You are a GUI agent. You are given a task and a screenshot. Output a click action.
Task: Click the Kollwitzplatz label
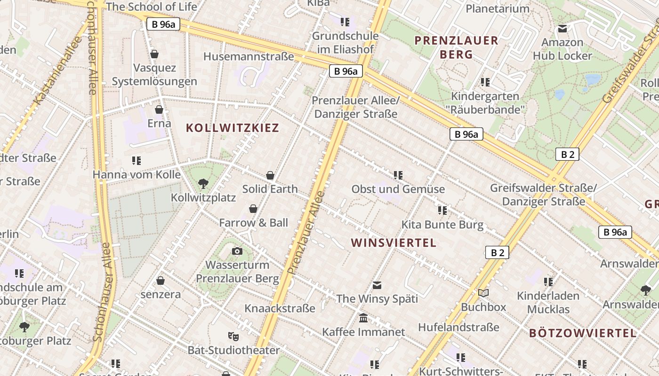point(203,197)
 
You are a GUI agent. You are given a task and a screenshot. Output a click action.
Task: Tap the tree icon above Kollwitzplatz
point(203,183)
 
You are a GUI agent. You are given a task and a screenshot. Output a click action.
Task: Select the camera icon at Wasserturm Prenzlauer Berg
point(237,251)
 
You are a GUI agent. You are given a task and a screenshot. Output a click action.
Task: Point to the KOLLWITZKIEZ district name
point(233,128)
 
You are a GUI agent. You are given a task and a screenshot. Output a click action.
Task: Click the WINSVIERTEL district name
point(394,243)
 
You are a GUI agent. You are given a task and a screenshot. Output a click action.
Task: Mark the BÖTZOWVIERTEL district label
point(583,333)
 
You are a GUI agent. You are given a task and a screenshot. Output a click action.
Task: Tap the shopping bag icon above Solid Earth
point(270,175)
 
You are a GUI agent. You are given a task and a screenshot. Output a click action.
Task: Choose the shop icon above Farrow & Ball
point(253,209)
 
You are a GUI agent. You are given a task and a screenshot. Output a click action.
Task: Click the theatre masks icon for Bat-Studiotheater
point(233,336)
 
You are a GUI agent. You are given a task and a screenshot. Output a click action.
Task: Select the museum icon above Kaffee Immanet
point(363,318)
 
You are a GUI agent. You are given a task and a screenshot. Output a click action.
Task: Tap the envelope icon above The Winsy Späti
point(377,285)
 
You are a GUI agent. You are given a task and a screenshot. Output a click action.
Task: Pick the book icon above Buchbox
point(483,293)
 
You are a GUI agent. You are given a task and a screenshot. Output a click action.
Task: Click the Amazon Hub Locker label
point(563,49)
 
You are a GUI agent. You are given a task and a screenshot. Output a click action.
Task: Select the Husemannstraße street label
point(249,56)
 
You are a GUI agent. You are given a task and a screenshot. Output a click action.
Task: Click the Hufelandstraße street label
point(458,327)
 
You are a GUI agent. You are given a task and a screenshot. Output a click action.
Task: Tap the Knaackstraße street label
point(280,308)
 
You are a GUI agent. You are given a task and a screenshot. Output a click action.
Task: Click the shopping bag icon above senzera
point(161,281)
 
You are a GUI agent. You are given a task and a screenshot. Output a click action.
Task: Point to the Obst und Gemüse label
point(398,189)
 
